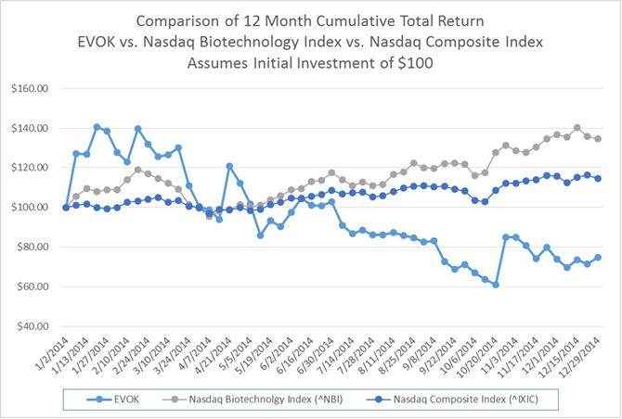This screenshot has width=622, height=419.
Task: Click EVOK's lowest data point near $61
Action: [496, 285]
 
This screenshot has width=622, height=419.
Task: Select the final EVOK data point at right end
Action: [597, 257]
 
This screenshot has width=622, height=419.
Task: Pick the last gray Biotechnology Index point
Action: [597, 139]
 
